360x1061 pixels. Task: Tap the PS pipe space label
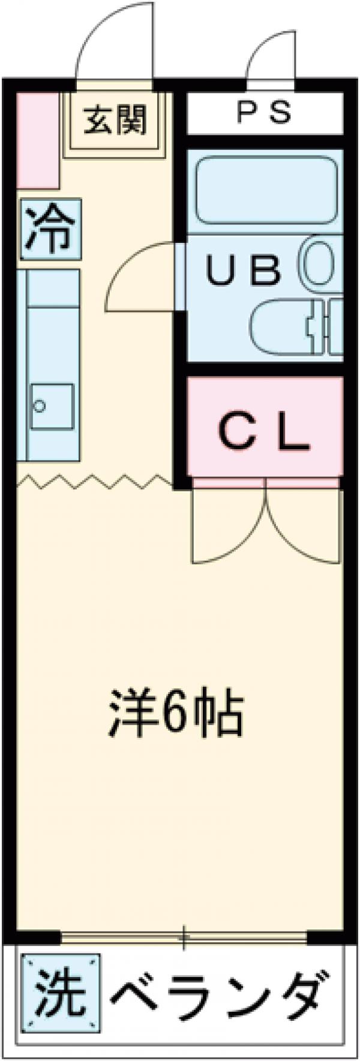264,112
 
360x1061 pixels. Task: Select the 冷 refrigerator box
50,230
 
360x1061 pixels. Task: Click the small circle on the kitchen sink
40,406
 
